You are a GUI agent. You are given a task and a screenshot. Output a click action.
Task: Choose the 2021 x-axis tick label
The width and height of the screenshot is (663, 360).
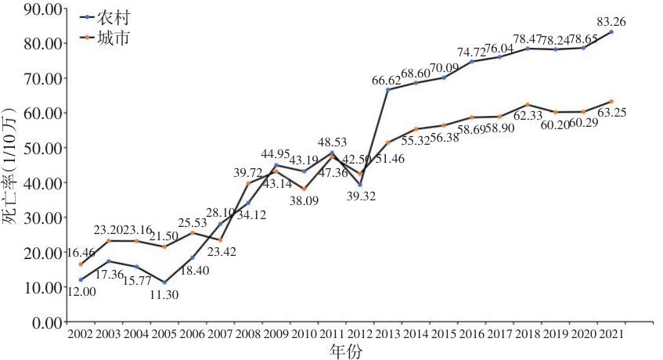point(611,335)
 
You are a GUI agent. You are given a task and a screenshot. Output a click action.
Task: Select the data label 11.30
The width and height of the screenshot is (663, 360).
point(164,294)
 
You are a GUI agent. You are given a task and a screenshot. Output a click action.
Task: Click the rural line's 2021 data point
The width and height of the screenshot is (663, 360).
point(611,32)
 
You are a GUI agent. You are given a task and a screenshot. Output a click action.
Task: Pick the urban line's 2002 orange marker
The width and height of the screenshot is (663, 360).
point(80,265)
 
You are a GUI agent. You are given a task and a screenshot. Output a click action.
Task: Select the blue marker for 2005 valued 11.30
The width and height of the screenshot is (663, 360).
point(164,283)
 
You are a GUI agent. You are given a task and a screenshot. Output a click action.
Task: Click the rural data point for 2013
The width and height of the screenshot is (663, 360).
point(387,90)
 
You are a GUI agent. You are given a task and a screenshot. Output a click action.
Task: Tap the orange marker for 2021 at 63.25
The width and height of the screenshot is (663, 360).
point(611,102)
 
